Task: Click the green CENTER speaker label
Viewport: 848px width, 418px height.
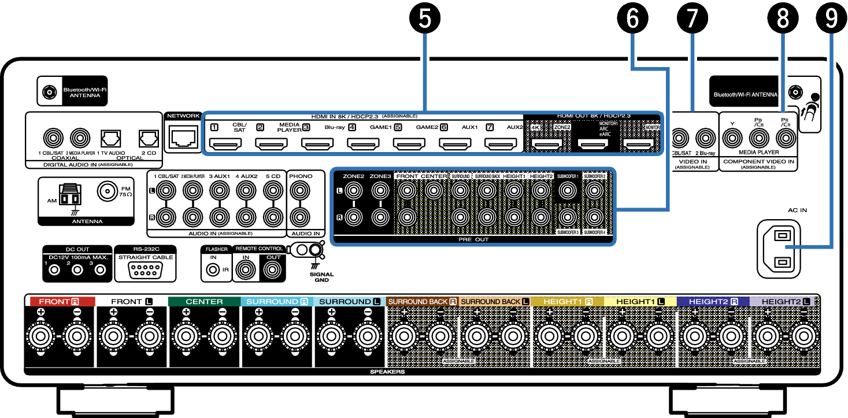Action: [204, 302]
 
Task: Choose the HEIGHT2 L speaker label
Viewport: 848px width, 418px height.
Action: [784, 302]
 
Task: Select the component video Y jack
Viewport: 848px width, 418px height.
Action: [733, 138]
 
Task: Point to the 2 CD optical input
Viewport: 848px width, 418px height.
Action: [148, 138]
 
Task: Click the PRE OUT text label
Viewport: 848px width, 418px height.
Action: [473, 239]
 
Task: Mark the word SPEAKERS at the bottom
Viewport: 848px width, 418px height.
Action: [387, 372]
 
